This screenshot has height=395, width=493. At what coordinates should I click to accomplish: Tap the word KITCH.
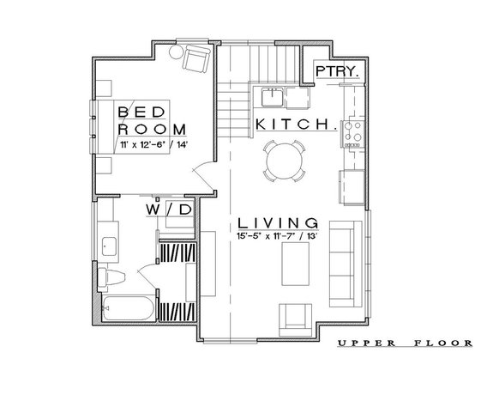(295, 125)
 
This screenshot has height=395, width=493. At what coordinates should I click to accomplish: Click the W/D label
(167, 209)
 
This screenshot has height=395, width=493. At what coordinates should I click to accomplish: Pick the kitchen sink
(273, 94)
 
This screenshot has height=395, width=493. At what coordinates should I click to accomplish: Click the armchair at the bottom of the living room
(295, 319)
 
